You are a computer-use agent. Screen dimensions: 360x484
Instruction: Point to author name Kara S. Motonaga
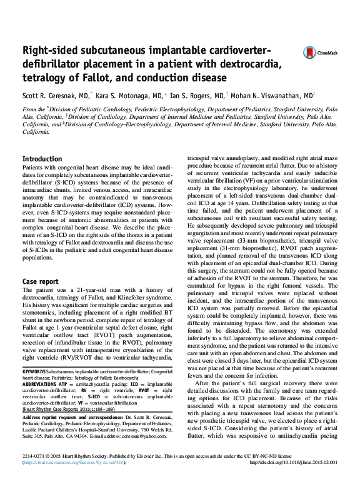pyautogui.click(x=132, y=96)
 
